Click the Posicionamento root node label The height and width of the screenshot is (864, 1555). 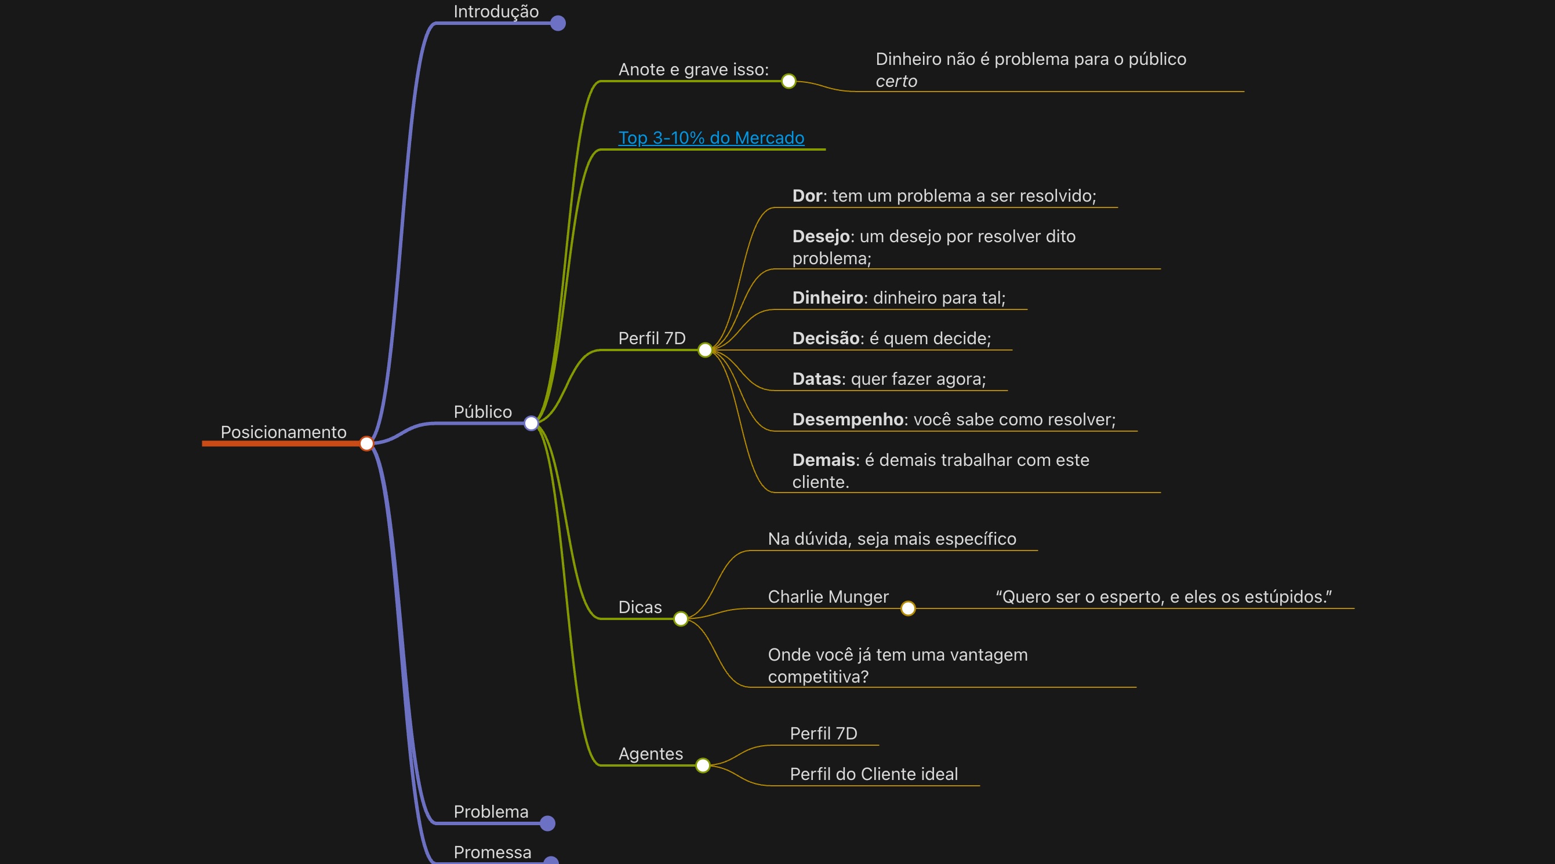(283, 432)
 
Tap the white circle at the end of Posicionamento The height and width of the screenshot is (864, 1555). (366, 444)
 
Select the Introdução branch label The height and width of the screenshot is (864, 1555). (496, 12)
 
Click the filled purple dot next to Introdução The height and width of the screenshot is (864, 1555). (558, 24)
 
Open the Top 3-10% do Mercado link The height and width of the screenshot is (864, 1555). (710, 137)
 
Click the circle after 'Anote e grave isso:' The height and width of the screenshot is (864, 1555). (789, 82)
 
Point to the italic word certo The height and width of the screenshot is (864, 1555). (896, 82)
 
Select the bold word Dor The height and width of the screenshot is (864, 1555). (806, 195)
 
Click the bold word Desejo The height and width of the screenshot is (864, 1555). (820, 236)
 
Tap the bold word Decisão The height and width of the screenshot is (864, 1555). (825, 338)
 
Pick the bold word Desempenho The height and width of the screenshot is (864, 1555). (847, 420)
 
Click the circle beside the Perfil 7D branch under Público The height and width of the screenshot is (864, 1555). (704, 350)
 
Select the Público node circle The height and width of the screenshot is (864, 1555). (531, 424)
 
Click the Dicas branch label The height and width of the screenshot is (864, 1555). (640, 607)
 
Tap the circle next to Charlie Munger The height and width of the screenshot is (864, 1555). (908, 609)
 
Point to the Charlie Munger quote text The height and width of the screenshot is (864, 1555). (1163, 597)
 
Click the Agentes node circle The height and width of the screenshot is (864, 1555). (703, 765)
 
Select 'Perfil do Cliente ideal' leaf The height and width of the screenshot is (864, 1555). (874, 774)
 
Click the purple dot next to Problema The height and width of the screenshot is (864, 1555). (547, 823)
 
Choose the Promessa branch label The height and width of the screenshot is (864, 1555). (492, 852)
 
